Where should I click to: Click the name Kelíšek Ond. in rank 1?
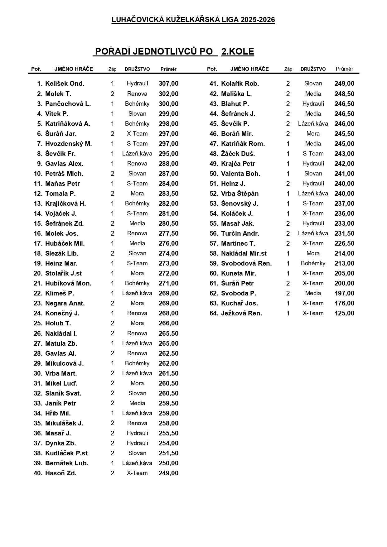(x=65, y=84)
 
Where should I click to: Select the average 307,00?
(x=168, y=84)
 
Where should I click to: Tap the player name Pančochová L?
(x=68, y=104)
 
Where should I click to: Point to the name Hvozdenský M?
(x=68, y=144)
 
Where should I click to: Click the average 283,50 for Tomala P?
(x=168, y=194)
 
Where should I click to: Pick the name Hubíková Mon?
(x=68, y=283)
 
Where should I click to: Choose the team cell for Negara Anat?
(x=137, y=303)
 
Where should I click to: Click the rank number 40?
(x=38, y=473)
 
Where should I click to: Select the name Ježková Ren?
(x=241, y=313)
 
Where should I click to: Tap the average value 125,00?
(x=344, y=313)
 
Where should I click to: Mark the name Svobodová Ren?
(x=246, y=263)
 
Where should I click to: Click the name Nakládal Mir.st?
(x=244, y=253)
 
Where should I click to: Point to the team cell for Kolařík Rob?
(x=313, y=84)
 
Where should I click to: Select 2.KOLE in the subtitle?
(x=238, y=52)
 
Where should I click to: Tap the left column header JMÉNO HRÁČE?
(x=74, y=69)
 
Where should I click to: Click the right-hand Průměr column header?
(x=344, y=69)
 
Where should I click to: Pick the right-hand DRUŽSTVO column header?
(x=313, y=69)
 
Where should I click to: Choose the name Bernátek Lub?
(x=66, y=463)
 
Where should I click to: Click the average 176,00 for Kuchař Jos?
(x=344, y=303)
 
